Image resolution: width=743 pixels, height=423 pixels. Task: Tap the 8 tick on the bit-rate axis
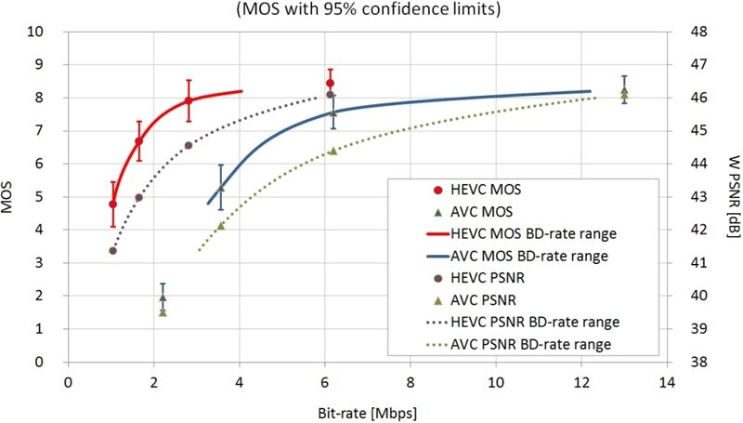411,382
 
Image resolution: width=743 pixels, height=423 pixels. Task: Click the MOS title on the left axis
11,197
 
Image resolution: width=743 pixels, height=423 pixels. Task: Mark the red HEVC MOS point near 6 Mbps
330,83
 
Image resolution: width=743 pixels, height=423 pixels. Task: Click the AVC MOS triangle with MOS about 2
163,297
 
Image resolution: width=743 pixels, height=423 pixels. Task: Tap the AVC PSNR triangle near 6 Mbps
333,151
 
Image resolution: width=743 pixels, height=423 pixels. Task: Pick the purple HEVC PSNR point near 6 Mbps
330,95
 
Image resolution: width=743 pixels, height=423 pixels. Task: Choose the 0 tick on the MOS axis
42,362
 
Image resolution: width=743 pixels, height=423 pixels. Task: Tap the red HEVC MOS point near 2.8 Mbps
189,100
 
